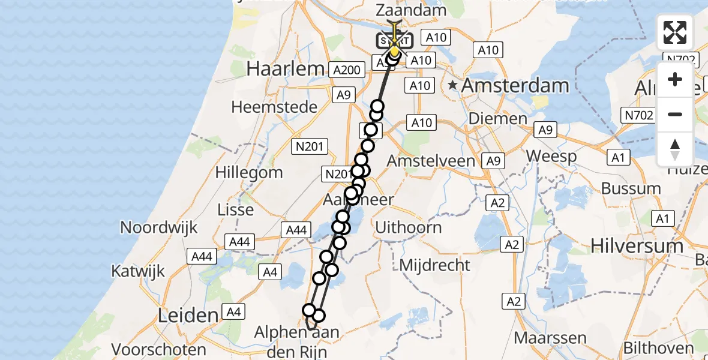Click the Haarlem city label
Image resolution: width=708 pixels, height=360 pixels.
pos(285,68)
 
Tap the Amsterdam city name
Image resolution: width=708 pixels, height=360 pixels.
pos(515,85)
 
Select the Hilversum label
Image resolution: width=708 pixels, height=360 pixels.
pos(637,245)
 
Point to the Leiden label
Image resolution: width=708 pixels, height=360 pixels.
pos(187,315)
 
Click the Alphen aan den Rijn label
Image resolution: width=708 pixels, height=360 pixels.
pos(296,340)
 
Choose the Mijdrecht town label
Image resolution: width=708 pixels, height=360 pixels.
pos(435,264)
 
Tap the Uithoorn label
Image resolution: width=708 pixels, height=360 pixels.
pos(408,227)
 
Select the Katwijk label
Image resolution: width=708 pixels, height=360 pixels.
pos(137,271)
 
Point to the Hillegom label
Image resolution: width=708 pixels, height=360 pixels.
pos(250,173)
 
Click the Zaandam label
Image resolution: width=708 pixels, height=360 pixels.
pos(411,10)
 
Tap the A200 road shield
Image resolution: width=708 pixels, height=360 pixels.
pos(346,70)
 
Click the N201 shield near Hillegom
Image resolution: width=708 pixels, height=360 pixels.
pos(310,146)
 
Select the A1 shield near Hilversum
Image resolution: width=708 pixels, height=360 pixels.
pos(662,220)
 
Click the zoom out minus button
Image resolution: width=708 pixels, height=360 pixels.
pos(675,114)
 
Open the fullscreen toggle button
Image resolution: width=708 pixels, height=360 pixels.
pos(675,32)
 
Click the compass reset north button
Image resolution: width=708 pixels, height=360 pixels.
pos(675,149)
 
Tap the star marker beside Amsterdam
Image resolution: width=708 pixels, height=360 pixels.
pos(453,86)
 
